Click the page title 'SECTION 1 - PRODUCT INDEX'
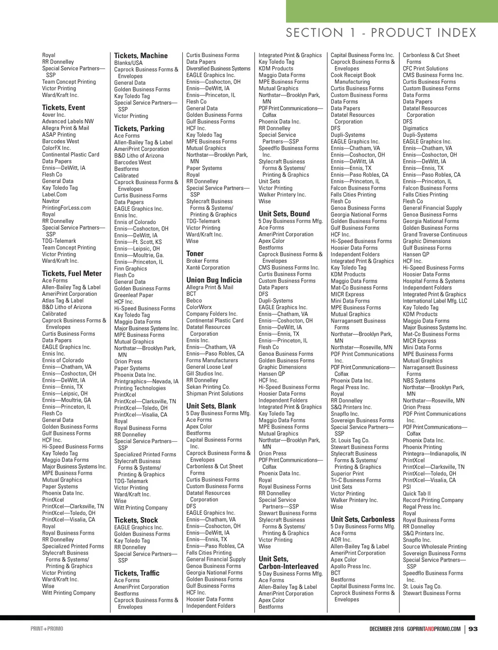click(381, 33)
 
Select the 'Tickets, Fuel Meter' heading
click(72, 273)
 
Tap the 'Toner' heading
click(195, 253)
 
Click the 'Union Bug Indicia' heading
click(214, 280)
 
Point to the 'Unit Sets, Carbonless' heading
click(363, 519)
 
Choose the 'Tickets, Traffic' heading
click(137, 573)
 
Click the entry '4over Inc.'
click(53, 115)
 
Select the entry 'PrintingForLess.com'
click(66, 208)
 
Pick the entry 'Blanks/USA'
click(128, 63)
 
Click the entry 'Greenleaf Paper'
click(134, 295)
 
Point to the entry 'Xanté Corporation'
click(208, 268)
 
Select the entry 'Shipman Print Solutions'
click(214, 394)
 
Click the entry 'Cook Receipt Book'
click(353, 75)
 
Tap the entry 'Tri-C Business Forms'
click(356, 480)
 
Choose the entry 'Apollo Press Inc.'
click(351, 566)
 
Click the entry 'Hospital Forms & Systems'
click(434, 281)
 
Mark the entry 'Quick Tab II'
click(417, 493)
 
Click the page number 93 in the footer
click(473, 629)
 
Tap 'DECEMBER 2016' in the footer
click(387, 629)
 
